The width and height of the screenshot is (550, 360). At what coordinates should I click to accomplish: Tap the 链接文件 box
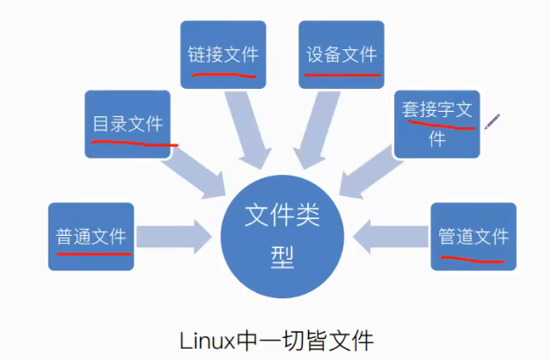[223, 54]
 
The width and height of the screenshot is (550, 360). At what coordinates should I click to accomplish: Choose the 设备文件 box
[341, 54]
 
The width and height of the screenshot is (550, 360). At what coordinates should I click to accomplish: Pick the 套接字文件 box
[436, 123]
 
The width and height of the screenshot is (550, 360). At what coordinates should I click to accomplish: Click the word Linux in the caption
[203, 340]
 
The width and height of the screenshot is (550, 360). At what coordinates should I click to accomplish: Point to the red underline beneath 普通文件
[93, 251]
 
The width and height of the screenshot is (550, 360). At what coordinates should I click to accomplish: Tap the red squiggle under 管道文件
[472, 260]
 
